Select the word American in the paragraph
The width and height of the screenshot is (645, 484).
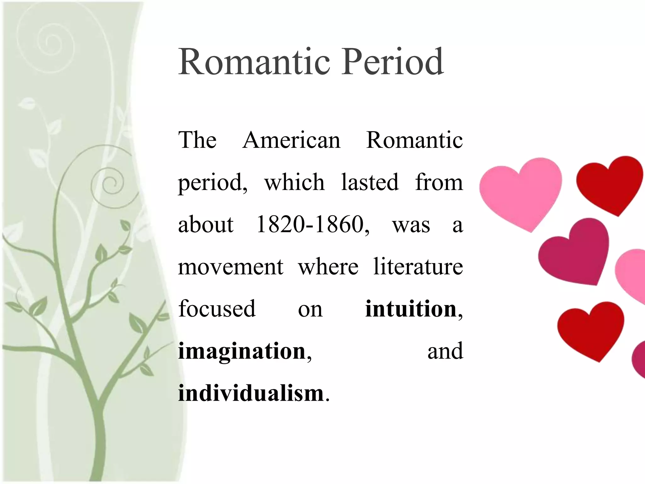(x=291, y=140)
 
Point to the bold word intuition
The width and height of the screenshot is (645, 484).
(x=411, y=309)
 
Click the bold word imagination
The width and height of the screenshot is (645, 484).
(x=242, y=351)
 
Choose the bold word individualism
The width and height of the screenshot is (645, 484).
(x=251, y=393)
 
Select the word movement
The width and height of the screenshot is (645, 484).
(x=231, y=267)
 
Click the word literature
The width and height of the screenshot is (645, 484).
(x=418, y=267)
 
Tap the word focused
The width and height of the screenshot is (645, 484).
(x=217, y=309)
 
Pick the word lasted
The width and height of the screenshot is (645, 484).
(x=370, y=182)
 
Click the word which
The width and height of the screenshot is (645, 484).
(x=294, y=182)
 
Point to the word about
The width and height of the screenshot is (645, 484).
(x=206, y=224)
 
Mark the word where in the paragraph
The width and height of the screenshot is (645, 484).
(x=328, y=267)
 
